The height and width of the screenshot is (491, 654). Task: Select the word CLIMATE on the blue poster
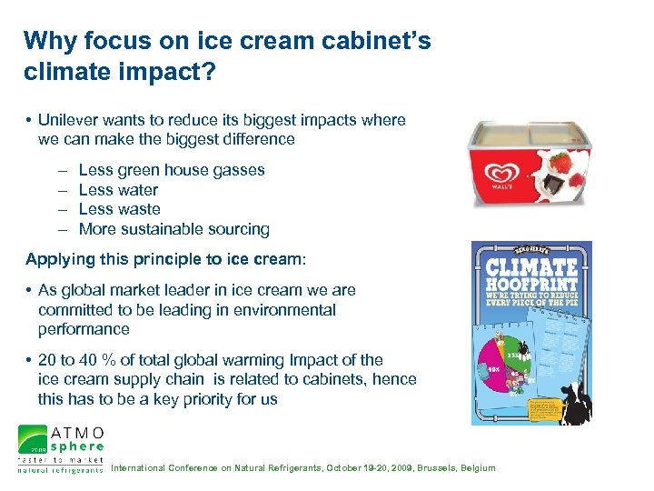pyautogui.click(x=532, y=268)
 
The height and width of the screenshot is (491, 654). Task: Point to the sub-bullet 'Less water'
pyautogui.click(x=118, y=190)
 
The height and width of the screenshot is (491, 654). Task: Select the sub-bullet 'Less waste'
pyautogui.click(x=119, y=209)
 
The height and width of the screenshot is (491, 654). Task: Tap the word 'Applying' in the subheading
pyautogui.click(x=56, y=259)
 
